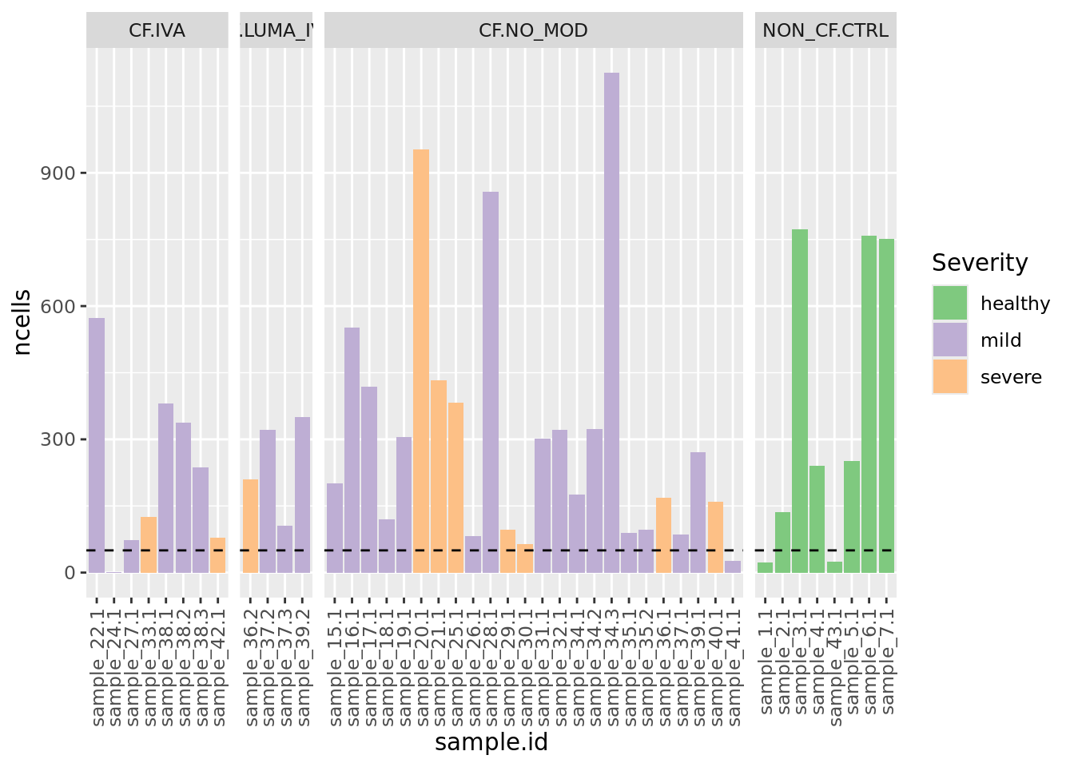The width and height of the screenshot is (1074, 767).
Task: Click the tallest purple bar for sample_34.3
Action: coord(611,320)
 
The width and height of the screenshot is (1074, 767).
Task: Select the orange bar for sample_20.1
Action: coord(421,360)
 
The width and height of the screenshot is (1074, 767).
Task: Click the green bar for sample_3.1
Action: coord(800,399)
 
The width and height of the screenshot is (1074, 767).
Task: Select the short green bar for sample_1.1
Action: coord(765,567)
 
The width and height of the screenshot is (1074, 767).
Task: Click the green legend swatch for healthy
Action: coord(950,304)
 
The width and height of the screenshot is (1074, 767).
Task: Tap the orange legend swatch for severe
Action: coord(950,377)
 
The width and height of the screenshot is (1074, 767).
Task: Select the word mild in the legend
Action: coord(1000,340)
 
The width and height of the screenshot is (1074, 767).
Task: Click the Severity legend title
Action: coord(980,263)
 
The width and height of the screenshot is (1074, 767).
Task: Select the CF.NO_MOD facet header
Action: coord(533,30)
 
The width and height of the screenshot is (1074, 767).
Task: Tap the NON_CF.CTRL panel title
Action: coord(825,30)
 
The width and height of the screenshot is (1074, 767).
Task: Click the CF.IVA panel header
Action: coord(157,30)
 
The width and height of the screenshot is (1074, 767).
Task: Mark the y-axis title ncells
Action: coord(22,322)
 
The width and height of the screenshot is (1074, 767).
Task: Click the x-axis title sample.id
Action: coord(491,743)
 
